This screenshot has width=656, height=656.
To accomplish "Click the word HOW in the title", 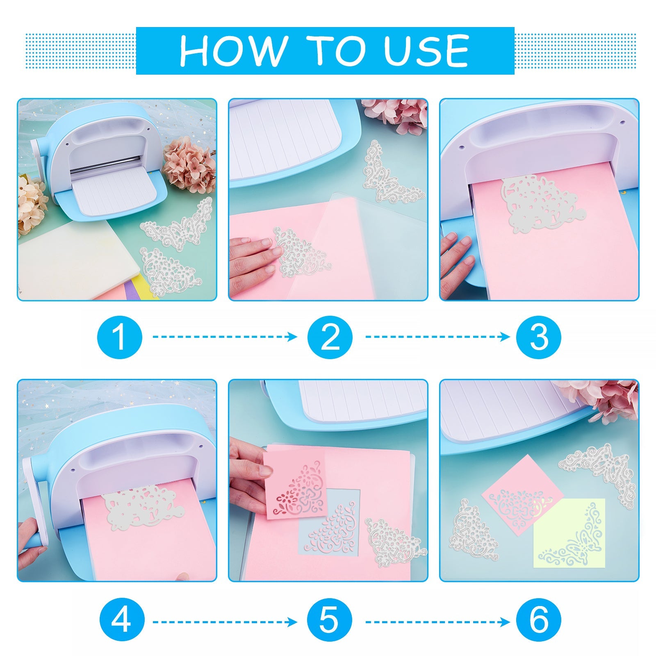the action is (x=233, y=51).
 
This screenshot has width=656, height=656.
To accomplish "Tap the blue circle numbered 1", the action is (x=119, y=337).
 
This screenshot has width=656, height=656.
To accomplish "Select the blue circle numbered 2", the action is (x=330, y=337).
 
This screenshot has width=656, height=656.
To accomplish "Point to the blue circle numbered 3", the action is (x=538, y=337).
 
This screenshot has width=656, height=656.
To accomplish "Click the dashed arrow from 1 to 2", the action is (x=225, y=337).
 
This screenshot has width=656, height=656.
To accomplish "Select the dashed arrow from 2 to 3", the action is (x=437, y=337).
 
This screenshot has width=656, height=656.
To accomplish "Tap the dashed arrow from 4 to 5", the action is (x=225, y=622).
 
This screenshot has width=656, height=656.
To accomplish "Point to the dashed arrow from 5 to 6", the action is (x=437, y=622).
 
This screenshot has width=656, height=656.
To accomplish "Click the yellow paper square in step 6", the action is (x=569, y=533).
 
